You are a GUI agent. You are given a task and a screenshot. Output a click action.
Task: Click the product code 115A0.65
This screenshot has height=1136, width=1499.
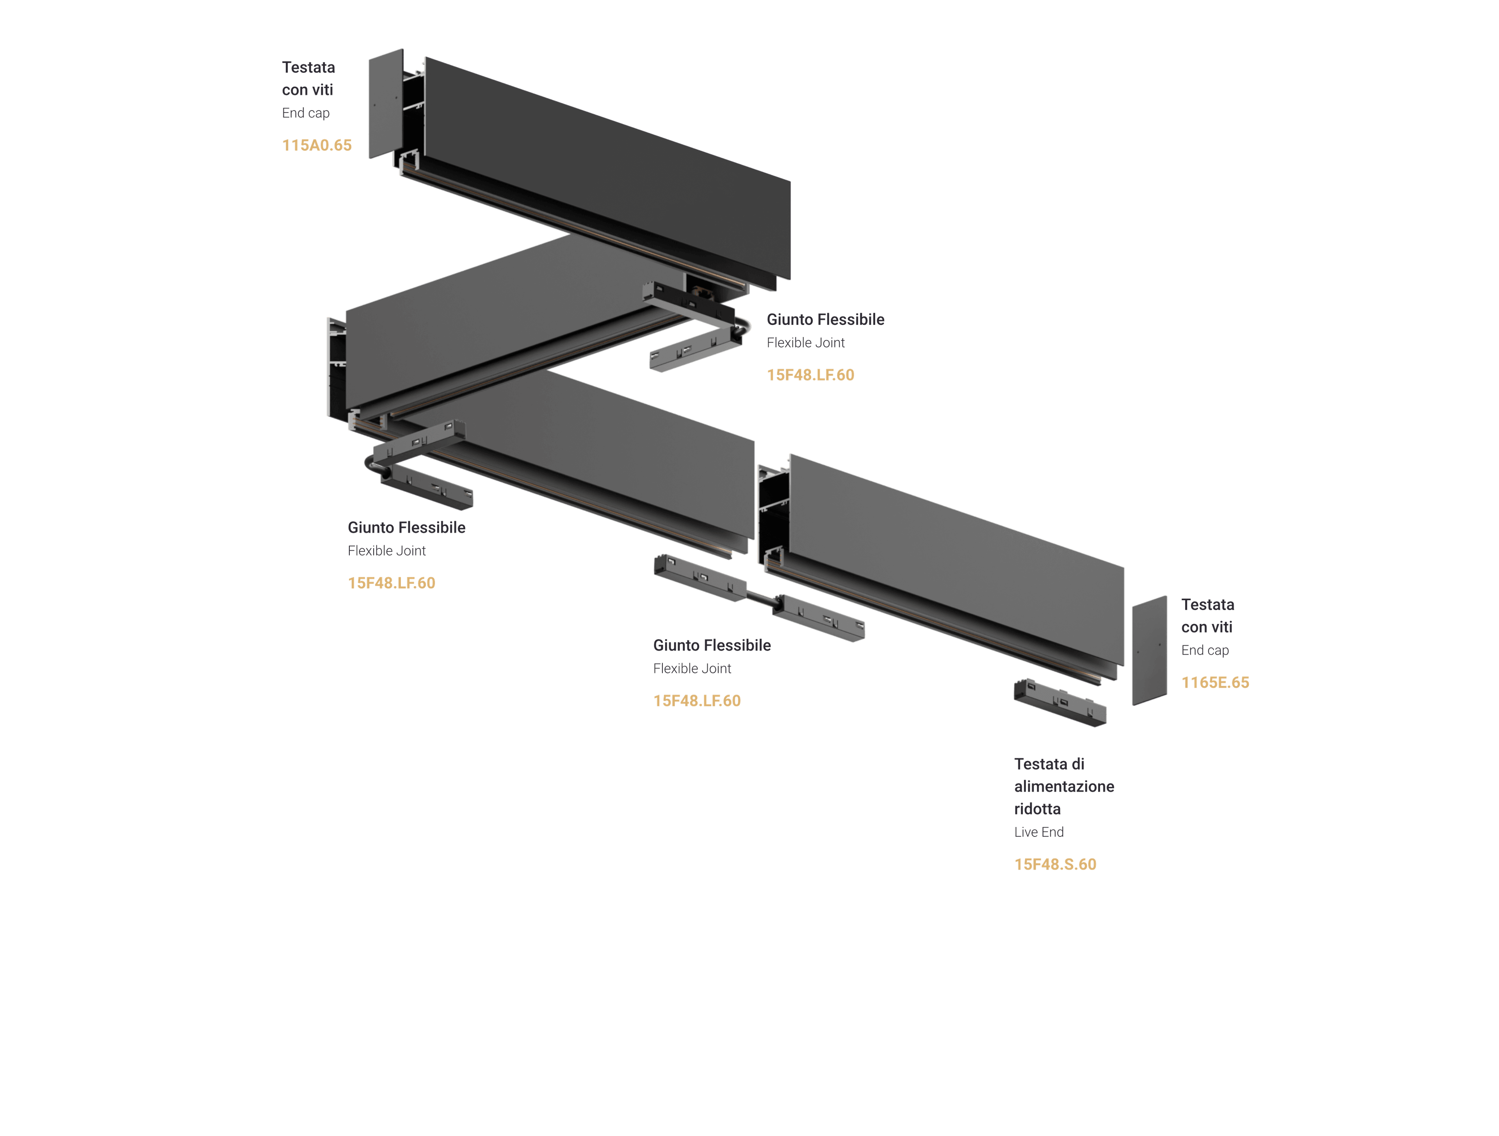pyautogui.click(x=317, y=145)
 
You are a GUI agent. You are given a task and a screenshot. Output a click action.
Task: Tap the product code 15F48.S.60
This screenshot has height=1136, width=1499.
pyautogui.click(x=1054, y=864)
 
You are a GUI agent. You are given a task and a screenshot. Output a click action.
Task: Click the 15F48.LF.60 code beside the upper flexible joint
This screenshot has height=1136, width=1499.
pyautogui.click(x=810, y=375)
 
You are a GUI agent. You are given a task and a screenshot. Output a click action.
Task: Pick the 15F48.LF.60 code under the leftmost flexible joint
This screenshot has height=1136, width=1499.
pyautogui.click(x=391, y=583)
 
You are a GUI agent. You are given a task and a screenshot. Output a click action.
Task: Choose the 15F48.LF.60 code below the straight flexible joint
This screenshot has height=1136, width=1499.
pyautogui.click(x=697, y=701)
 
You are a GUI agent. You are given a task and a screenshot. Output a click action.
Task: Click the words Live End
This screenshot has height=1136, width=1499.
pyautogui.click(x=1038, y=832)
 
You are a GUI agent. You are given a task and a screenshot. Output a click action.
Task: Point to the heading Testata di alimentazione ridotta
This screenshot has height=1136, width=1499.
pyautogui.click(x=1063, y=786)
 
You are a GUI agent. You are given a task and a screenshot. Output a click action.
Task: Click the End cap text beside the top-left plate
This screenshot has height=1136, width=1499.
pyautogui.click(x=306, y=113)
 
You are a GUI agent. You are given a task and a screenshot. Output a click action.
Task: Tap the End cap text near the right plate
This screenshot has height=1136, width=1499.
pyautogui.click(x=1204, y=650)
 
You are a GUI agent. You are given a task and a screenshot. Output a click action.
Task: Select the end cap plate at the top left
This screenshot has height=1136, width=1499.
pyautogui.click(x=385, y=104)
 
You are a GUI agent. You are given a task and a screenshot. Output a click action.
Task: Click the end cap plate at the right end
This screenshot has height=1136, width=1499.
pyautogui.click(x=1149, y=651)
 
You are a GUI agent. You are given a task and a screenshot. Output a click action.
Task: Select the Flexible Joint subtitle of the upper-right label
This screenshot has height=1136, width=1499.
pyautogui.click(x=805, y=343)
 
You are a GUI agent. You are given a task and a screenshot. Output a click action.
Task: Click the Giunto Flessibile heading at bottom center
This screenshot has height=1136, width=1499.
pyautogui.click(x=712, y=645)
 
